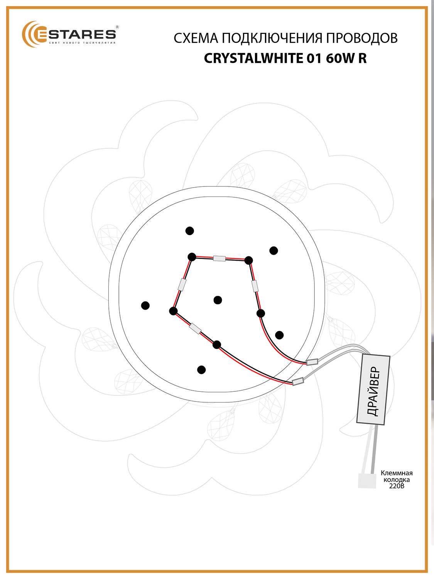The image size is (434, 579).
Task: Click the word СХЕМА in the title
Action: [x=196, y=38]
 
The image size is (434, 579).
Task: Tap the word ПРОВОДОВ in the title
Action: [x=362, y=38]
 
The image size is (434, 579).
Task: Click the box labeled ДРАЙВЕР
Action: [x=373, y=389]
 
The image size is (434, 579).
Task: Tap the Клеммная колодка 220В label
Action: [x=397, y=480]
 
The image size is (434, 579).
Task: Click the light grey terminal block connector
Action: [x=367, y=481]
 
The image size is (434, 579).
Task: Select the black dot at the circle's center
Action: [x=218, y=300]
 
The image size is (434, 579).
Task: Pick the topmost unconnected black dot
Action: [x=190, y=231]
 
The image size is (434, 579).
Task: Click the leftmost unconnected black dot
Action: [x=145, y=306]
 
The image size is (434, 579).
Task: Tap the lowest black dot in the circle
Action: [x=201, y=370]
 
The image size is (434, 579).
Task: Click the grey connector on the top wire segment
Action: [x=219, y=259]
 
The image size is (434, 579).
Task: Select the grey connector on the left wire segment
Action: [x=182, y=284]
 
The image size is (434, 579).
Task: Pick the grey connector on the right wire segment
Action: [x=255, y=286]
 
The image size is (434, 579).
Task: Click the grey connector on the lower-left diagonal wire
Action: [x=195, y=328]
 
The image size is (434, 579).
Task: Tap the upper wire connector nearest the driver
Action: [x=312, y=362]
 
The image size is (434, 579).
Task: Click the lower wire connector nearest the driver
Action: [x=298, y=381]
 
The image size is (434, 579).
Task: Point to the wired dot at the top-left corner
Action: [x=192, y=257]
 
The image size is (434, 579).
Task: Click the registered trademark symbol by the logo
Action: [x=117, y=27]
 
